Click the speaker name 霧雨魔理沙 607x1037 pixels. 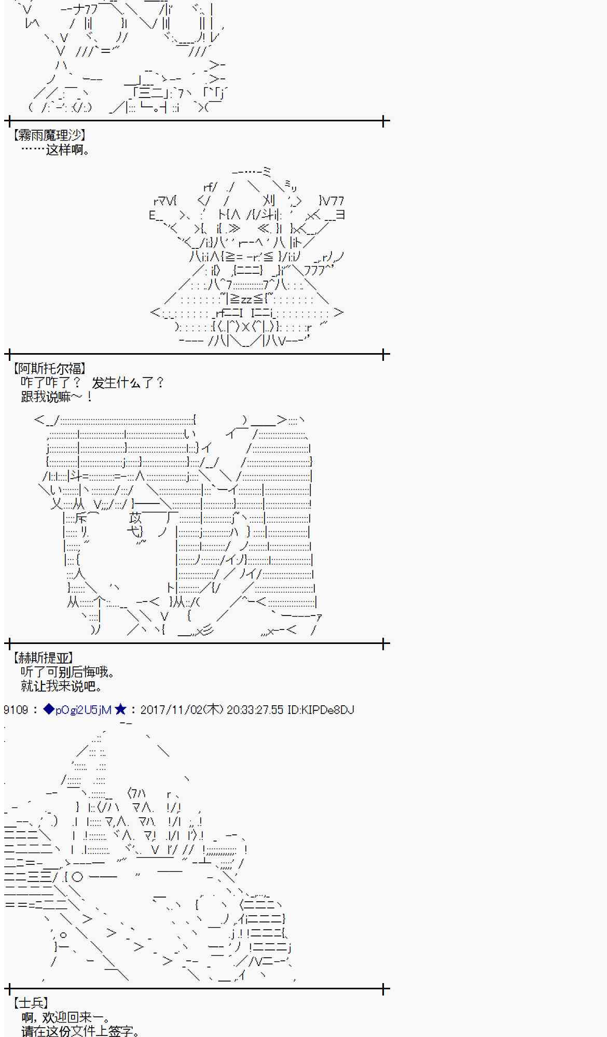point(49,135)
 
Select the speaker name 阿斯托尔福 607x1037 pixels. point(49,369)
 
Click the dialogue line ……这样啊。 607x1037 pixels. point(56,150)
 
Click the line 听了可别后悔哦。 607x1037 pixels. point(67,672)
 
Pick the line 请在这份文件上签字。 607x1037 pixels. point(80,1031)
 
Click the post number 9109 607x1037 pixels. point(16,710)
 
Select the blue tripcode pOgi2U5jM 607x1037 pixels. point(84,710)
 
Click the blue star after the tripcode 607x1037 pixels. point(120,709)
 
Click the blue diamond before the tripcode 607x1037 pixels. point(49,709)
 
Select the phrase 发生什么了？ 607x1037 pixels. point(128,383)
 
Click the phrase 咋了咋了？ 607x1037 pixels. point(51,383)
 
